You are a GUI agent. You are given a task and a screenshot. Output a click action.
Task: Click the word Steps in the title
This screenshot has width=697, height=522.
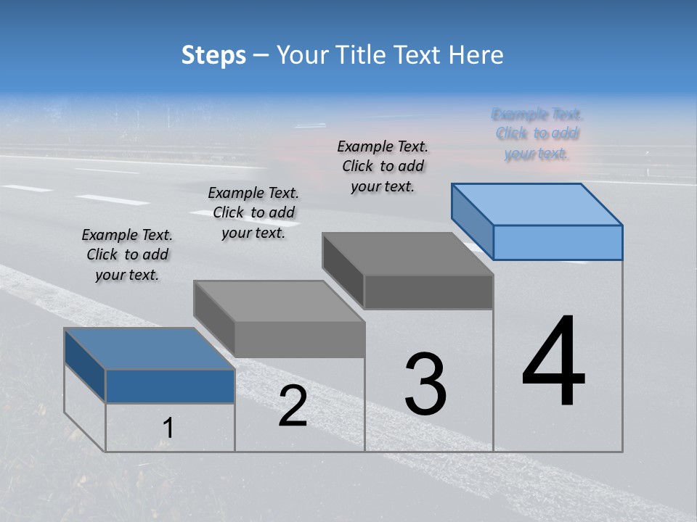pyautogui.click(x=213, y=55)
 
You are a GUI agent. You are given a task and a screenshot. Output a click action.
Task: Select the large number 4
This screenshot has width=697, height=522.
pyautogui.click(x=553, y=362)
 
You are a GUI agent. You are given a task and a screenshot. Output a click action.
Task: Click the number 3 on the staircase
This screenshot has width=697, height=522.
pyautogui.click(x=425, y=384)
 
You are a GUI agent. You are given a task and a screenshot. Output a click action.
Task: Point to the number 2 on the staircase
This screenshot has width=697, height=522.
pyautogui.click(x=293, y=406)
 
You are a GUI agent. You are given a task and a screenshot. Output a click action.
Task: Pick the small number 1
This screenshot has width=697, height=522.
pyautogui.click(x=168, y=428)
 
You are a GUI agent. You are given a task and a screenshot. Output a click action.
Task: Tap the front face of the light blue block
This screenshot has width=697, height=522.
pyautogui.click(x=558, y=242)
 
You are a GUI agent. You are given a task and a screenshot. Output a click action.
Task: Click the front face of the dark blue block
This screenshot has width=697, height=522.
pyautogui.click(x=170, y=386)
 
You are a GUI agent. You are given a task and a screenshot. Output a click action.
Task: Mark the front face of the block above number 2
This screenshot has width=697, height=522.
pyautogui.click(x=299, y=339)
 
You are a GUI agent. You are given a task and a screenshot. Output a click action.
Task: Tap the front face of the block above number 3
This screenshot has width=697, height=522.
pyautogui.click(x=428, y=291)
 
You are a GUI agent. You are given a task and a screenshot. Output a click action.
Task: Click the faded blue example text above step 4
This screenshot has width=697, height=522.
pyautogui.click(x=537, y=134)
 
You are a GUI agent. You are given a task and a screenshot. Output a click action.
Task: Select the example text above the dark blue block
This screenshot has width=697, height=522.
pyautogui.click(x=127, y=254)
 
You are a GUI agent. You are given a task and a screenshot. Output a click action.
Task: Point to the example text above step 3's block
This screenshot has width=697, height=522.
pyautogui.click(x=383, y=166)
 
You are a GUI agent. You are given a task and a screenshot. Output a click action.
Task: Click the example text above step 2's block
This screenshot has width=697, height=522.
pyautogui.click(x=253, y=212)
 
